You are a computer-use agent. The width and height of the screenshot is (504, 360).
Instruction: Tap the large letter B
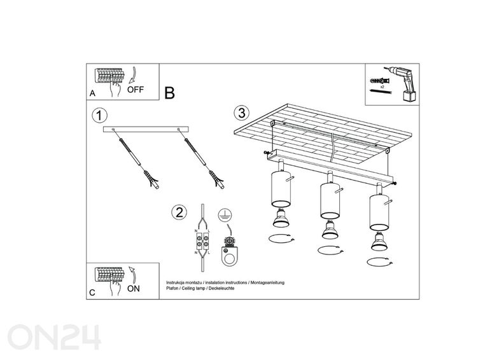point(169,93)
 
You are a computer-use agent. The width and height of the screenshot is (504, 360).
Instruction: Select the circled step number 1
point(98,116)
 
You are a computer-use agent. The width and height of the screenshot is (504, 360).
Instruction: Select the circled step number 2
point(180,212)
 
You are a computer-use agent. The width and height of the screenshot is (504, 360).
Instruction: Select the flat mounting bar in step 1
point(146,129)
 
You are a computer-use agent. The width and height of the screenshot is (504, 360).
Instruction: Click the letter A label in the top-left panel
point(92,93)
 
